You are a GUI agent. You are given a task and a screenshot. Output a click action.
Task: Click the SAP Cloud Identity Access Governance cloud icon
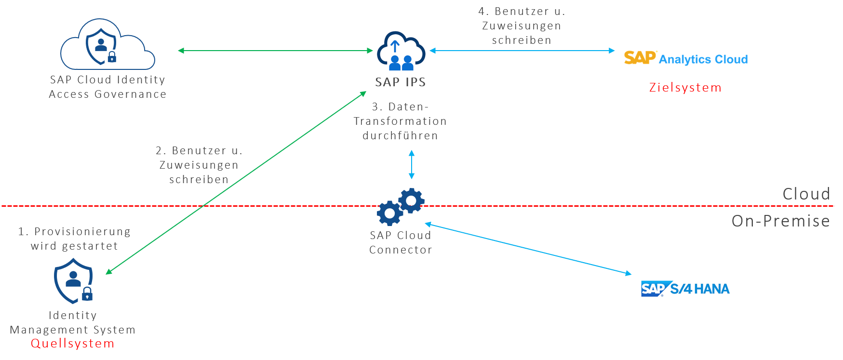(x=107, y=45)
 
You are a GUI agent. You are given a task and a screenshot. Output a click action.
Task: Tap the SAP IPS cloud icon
(x=401, y=50)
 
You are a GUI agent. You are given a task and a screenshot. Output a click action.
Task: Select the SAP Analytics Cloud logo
(x=685, y=58)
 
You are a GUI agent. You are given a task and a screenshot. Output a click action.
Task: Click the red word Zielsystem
(x=685, y=88)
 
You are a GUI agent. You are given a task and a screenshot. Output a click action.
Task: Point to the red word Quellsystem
(x=73, y=344)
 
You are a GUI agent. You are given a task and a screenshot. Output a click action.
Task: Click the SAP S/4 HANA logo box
(x=685, y=289)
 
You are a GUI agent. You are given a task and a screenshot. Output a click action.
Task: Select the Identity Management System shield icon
(x=73, y=281)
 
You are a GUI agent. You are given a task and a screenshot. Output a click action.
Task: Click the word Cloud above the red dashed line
(x=806, y=194)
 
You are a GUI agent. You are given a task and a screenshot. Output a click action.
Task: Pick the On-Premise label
(x=780, y=221)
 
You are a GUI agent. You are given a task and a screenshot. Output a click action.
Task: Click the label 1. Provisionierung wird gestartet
(x=74, y=239)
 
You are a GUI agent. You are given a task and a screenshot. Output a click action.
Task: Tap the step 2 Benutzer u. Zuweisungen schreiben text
(x=199, y=165)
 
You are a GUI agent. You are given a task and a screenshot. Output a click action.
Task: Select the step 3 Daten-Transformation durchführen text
(x=400, y=121)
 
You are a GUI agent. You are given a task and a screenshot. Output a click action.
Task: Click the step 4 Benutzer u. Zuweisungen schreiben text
(x=522, y=26)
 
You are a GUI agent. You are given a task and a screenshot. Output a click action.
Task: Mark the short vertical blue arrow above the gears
(x=411, y=165)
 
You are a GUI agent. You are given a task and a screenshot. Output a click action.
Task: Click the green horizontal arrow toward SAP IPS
(x=275, y=50)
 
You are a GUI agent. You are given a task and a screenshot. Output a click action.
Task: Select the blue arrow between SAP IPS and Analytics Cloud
(x=522, y=50)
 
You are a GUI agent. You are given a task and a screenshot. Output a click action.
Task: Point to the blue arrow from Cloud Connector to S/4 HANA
(x=528, y=248)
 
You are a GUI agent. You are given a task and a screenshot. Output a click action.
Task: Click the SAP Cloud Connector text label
(x=401, y=242)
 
